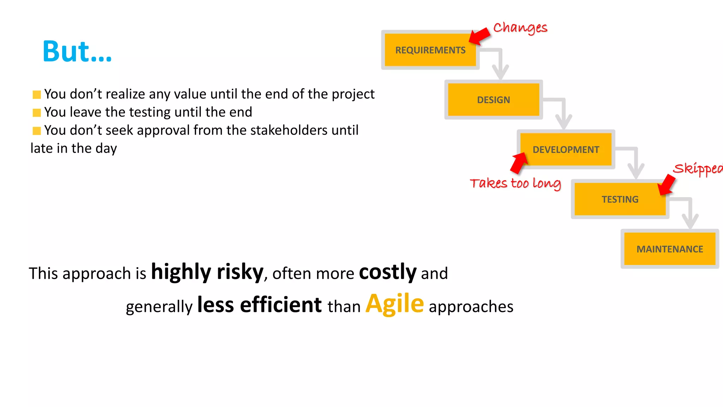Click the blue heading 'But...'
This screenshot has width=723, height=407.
click(x=77, y=52)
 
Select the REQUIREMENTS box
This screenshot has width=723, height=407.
click(x=430, y=50)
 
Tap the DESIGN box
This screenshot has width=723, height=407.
click(x=493, y=100)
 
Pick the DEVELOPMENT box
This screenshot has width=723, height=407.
click(x=566, y=149)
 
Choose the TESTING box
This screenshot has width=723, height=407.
click(x=620, y=199)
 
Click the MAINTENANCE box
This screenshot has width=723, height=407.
click(x=669, y=249)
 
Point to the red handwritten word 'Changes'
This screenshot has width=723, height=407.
click(x=520, y=28)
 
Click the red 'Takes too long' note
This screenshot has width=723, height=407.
click(x=515, y=183)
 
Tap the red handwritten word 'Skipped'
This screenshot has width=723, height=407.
click(x=697, y=169)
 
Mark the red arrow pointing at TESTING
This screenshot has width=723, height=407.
click(x=667, y=185)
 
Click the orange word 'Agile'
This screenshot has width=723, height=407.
click(x=394, y=304)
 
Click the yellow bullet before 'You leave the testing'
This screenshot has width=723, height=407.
click(x=37, y=113)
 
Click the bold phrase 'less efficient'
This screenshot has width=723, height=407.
click(x=259, y=305)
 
